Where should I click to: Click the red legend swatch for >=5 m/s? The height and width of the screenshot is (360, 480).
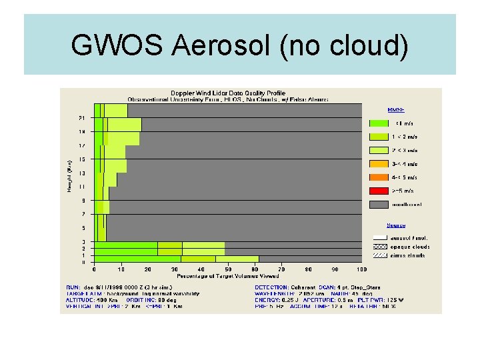[x=377, y=191]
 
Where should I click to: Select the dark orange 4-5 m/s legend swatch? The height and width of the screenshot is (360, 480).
[x=377, y=177]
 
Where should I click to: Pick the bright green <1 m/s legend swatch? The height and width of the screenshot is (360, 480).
[x=377, y=123]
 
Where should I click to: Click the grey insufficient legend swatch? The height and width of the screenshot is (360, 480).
[x=377, y=204]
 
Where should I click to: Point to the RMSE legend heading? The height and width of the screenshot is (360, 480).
[x=396, y=110]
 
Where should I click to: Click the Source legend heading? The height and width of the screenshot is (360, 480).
[x=396, y=225]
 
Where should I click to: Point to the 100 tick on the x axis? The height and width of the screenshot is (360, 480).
[x=361, y=270]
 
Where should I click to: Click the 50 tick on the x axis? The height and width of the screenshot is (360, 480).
[x=228, y=270]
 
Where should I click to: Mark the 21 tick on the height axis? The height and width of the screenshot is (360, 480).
[x=82, y=118]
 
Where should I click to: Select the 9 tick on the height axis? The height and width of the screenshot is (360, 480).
[x=83, y=201]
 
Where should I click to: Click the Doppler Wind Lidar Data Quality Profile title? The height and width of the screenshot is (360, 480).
[x=228, y=93]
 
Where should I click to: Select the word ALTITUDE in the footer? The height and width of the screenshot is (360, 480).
[x=79, y=300]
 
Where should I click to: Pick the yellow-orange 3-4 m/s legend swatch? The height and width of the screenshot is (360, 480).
[x=377, y=163]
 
